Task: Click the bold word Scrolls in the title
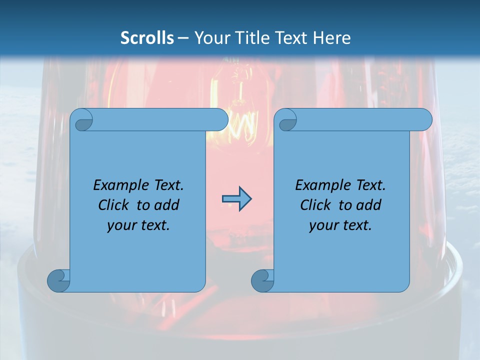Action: pyautogui.click(x=147, y=37)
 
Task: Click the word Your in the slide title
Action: pyautogui.click(x=209, y=37)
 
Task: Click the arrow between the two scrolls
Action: pyautogui.click(x=236, y=199)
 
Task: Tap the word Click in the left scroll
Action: pyautogui.click(x=114, y=205)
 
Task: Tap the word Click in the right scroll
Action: pyautogui.click(x=316, y=205)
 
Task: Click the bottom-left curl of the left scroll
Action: pyautogui.click(x=59, y=281)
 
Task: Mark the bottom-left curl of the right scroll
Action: pyautogui.click(x=262, y=281)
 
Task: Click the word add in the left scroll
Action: pyautogui.click(x=166, y=205)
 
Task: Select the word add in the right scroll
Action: pyautogui.click(x=368, y=205)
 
